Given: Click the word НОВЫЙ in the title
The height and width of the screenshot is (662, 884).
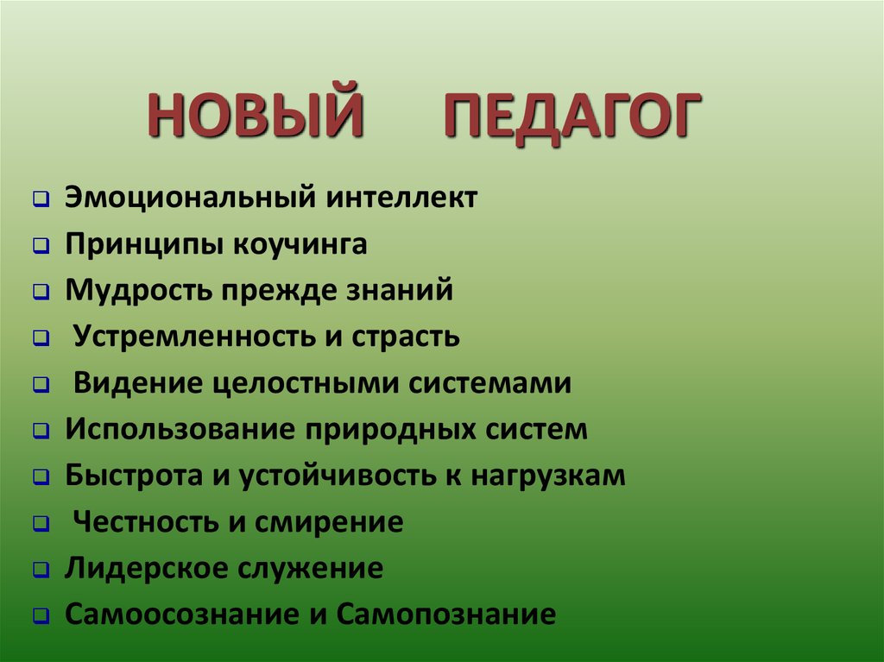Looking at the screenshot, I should click(x=255, y=117).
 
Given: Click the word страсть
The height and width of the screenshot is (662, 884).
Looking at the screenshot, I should click(x=406, y=337).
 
